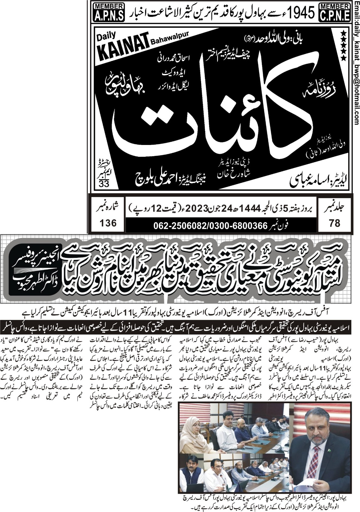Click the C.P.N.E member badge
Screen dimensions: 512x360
[335, 12]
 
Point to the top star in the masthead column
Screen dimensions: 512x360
[343, 33]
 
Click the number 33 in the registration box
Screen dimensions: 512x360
[104, 184]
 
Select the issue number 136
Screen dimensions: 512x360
[108, 222]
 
